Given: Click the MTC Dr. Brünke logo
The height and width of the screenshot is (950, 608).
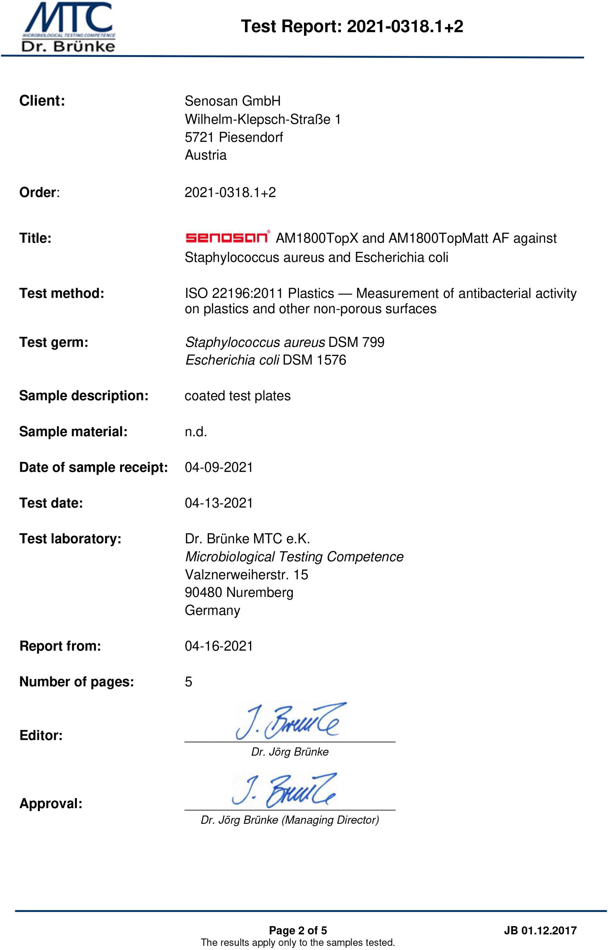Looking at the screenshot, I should click(x=69, y=27).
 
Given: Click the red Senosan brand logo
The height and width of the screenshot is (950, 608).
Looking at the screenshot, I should click(x=227, y=237).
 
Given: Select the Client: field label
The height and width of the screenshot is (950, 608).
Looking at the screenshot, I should click(x=42, y=101).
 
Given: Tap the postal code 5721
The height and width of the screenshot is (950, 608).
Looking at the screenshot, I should click(x=199, y=137).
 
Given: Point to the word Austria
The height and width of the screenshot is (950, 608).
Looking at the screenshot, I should click(x=206, y=155).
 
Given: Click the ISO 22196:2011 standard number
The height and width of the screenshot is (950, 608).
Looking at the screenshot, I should click(x=234, y=293).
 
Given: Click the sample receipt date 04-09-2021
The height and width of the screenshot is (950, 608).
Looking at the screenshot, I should click(x=219, y=467).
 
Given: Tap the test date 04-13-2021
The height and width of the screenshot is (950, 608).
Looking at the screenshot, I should click(x=219, y=503).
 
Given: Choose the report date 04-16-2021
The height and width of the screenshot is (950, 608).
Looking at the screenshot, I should click(x=219, y=646).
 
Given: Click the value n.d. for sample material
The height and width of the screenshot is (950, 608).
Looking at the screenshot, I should click(x=196, y=432).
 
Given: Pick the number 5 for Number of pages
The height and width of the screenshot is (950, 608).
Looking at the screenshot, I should click(x=189, y=682).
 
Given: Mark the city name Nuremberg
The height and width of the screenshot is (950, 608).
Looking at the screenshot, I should click(x=260, y=593).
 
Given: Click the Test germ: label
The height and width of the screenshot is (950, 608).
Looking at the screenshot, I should click(x=54, y=342).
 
